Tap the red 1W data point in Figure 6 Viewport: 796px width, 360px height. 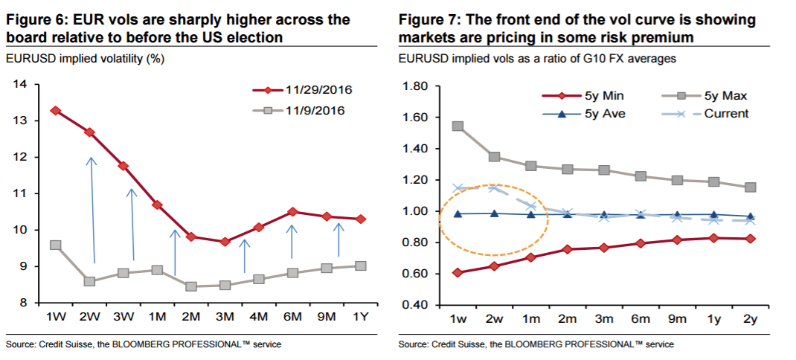[x=55, y=110]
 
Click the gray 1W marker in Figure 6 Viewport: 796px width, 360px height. [x=55, y=245]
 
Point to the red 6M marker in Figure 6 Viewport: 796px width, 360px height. [x=292, y=212]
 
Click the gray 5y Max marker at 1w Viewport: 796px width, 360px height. [x=458, y=126]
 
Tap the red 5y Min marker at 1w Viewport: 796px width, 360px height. [x=458, y=272]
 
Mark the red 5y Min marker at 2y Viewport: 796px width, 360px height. [x=751, y=239]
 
